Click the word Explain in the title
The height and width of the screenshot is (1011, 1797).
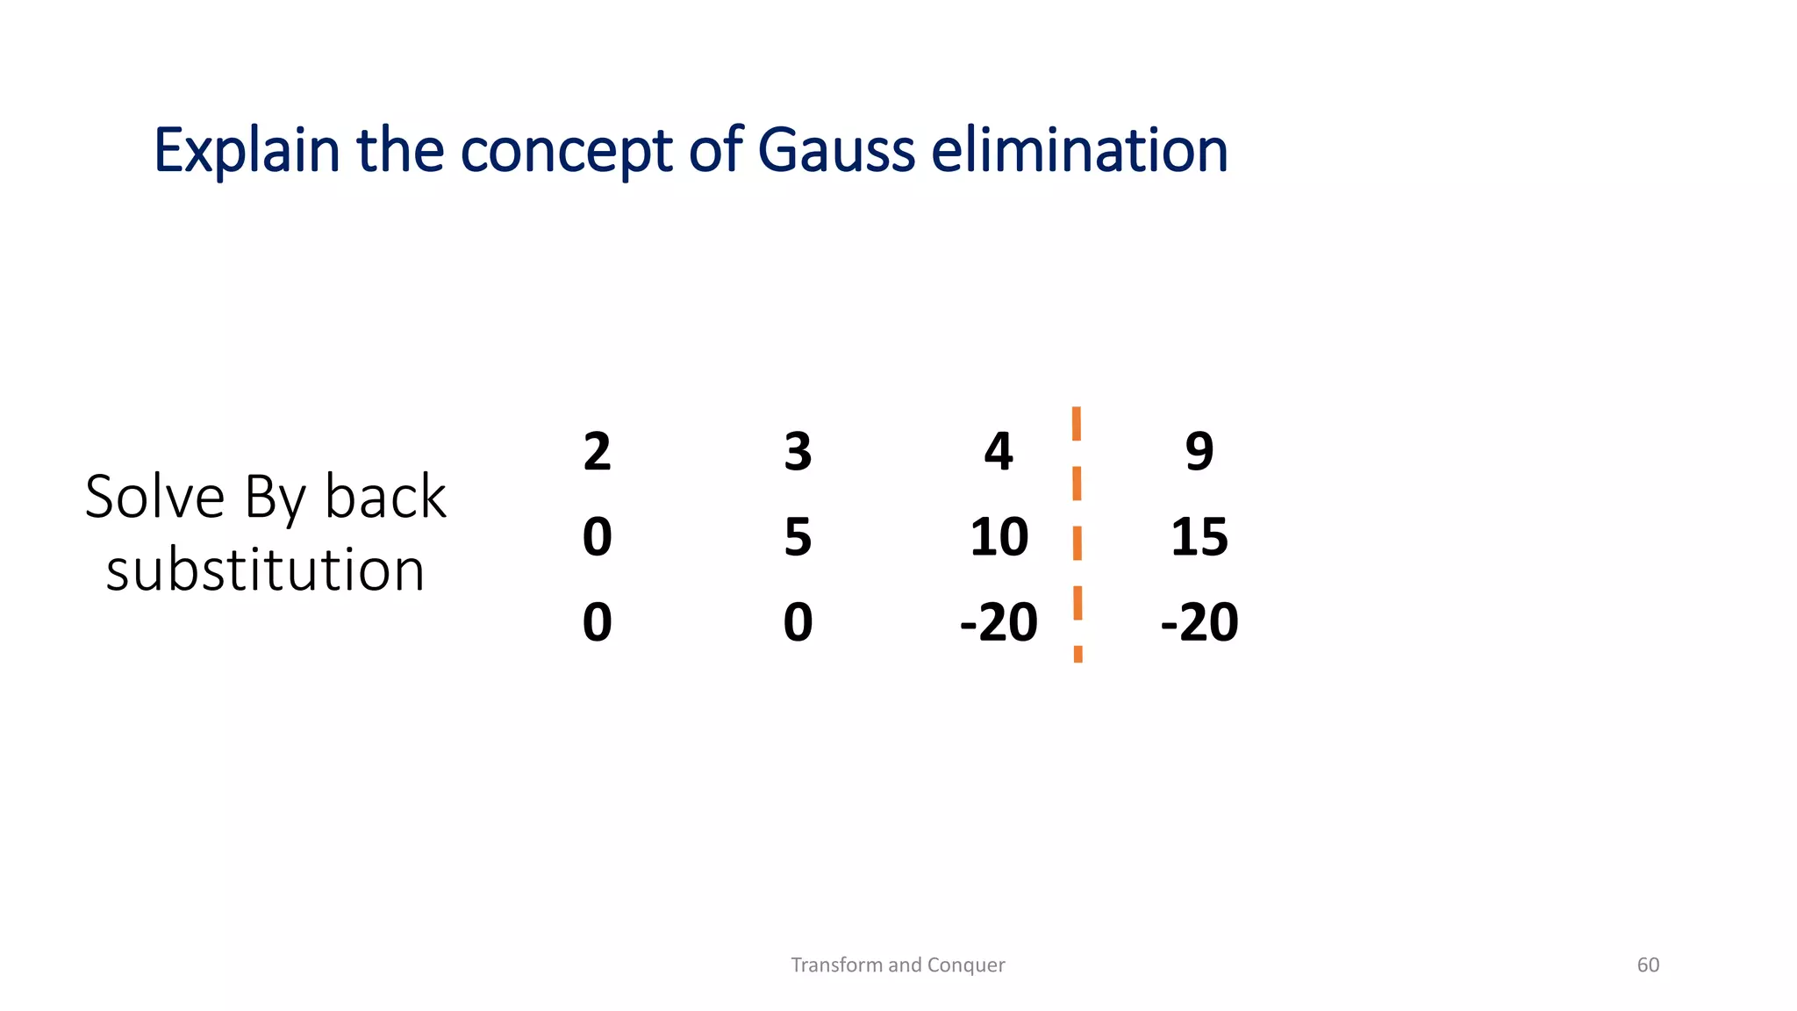[x=247, y=151]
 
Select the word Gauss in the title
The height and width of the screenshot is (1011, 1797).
[x=836, y=151]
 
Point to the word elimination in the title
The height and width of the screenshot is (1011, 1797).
[x=1079, y=151]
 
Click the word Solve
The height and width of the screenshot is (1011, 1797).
[x=154, y=497]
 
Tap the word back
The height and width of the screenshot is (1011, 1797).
[x=385, y=497]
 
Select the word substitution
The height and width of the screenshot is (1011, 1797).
[x=265, y=570]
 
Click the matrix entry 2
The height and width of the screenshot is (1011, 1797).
[x=597, y=452]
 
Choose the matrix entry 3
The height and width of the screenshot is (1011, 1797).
[x=798, y=452]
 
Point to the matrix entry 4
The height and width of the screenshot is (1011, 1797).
[x=999, y=452]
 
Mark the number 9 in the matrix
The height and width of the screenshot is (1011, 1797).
[x=1199, y=452]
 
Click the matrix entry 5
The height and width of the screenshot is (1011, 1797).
[x=798, y=537]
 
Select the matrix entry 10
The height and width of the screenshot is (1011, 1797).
[x=999, y=537]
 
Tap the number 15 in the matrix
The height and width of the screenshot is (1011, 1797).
[x=1199, y=537]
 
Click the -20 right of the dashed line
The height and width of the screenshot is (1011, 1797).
[x=1199, y=622]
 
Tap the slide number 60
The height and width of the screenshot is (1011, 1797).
[x=1648, y=964]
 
